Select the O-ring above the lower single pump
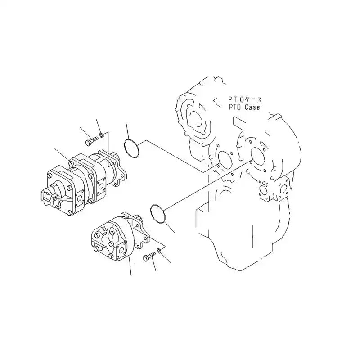157,213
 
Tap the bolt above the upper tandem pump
89,142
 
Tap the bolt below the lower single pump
148,257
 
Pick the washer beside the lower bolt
159,251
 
